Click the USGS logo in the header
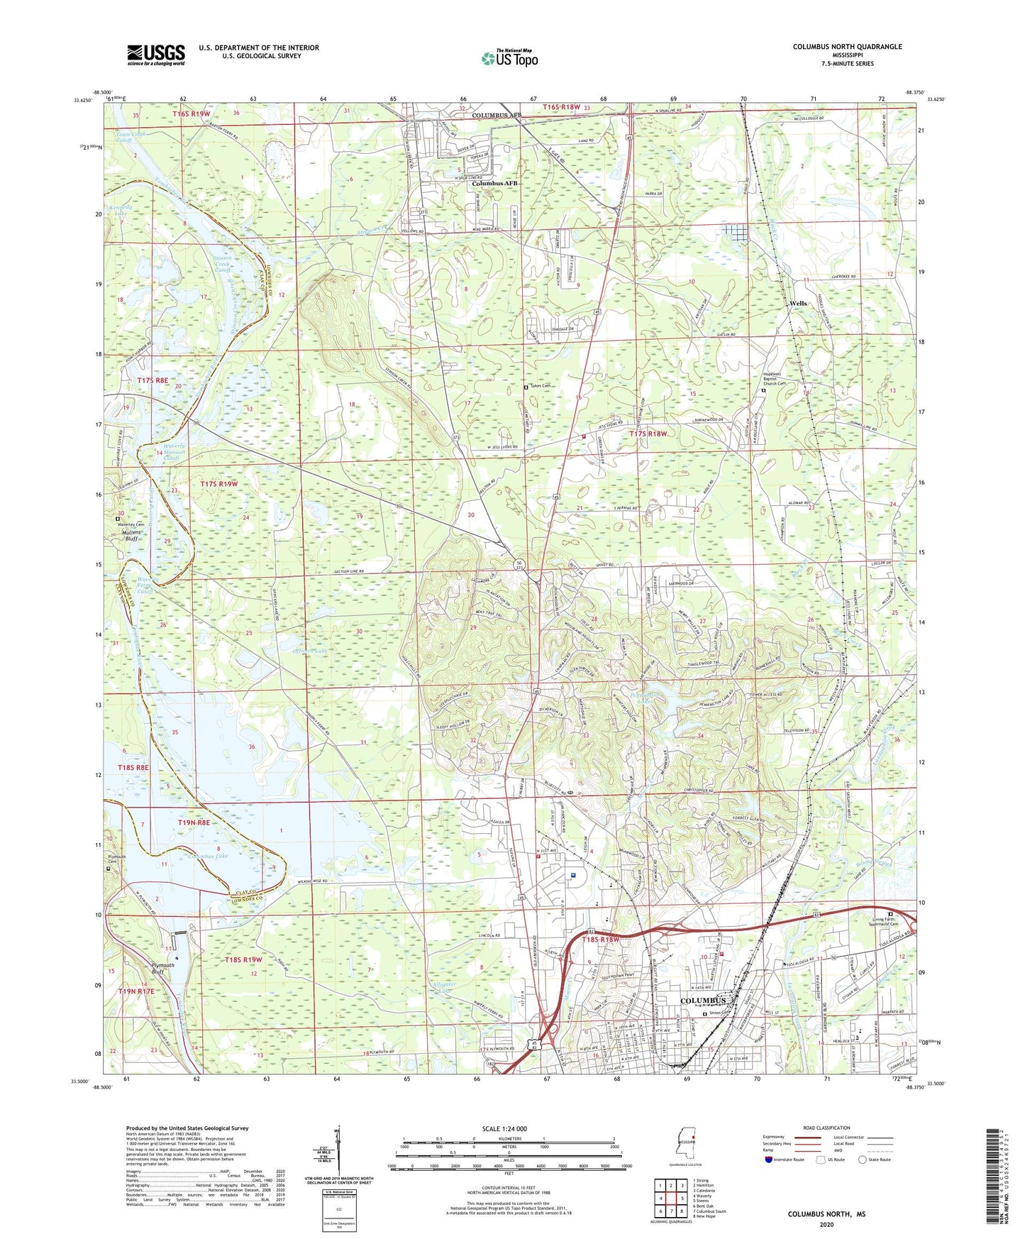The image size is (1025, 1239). coord(156,55)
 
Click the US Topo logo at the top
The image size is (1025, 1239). coord(509,58)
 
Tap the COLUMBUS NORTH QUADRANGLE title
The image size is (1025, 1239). coord(847,47)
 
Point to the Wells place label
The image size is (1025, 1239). coord(798,303)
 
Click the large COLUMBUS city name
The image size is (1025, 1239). coord(703,1001)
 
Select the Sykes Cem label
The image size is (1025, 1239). coord(544,387)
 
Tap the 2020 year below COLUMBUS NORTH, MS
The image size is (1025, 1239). coord(826,1224)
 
